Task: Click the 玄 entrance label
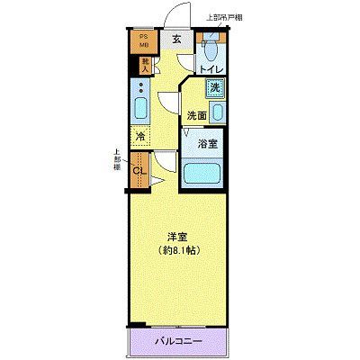177,38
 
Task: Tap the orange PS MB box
143,42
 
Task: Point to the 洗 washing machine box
215,88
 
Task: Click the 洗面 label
197,114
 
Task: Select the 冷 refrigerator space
141,136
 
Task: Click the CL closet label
139,171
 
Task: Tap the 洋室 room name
176,237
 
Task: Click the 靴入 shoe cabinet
143,64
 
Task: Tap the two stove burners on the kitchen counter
141,89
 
